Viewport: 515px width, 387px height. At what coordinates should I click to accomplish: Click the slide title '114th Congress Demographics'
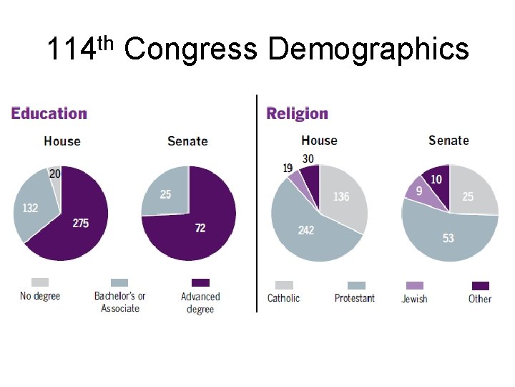point(257,50)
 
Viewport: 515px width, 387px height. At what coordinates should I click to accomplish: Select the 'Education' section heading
point(49,113)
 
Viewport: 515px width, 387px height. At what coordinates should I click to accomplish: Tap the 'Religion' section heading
point(297,113)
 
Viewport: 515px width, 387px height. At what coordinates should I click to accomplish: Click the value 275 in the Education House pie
point(81,224)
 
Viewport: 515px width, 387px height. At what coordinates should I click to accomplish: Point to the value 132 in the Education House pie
point(30,208)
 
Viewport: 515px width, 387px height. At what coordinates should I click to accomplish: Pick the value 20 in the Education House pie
point(55,173)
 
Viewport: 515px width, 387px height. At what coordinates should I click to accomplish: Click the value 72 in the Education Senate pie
point(200,228)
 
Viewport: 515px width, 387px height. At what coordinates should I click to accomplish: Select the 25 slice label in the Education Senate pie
point(165,194)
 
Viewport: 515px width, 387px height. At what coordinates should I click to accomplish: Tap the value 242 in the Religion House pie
point(305,230)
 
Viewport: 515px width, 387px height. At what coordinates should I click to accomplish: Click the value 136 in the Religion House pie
point(341,196)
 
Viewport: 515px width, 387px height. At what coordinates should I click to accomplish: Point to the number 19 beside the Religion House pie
point(288,168)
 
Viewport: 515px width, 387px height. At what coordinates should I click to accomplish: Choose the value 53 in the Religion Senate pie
point(448,238)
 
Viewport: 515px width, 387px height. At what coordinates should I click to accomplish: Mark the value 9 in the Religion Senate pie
point(418,191)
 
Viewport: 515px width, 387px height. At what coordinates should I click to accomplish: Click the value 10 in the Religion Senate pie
point(436,179)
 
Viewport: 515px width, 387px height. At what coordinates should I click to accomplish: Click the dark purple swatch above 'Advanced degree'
point(201,282)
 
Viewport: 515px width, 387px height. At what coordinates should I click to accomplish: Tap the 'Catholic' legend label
point(283,298)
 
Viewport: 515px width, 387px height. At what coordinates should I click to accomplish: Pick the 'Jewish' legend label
point(414,298)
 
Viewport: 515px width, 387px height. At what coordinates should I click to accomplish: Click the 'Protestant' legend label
point(354,298)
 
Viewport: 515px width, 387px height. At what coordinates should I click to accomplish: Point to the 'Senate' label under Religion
point(448,140)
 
